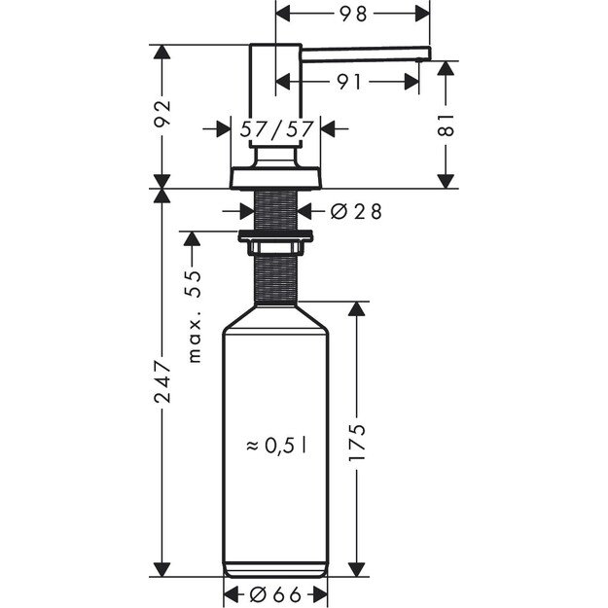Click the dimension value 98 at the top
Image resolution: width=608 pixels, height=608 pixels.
point(354,14)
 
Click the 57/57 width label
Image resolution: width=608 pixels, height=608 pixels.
point(276,127)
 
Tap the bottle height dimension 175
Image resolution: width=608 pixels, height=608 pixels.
point(357,444)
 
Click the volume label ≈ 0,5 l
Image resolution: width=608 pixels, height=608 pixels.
point(276,445)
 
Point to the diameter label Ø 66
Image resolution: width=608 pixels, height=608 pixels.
point(276,594)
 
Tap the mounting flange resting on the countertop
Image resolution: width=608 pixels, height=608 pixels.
point(276,179)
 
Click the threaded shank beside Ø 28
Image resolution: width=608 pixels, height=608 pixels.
point(276,209)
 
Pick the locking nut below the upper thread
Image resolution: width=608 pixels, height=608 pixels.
point(276,235)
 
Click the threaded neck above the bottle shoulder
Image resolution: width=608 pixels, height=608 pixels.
point(276,277)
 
